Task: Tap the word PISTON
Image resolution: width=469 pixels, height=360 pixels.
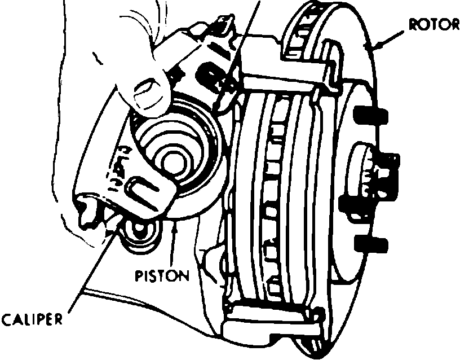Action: [162, 276]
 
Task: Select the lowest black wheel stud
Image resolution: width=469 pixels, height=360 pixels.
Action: [372, 244]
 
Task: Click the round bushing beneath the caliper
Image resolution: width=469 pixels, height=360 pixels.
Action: [139, 233]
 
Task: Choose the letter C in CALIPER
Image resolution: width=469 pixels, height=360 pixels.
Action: [6, 321]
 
